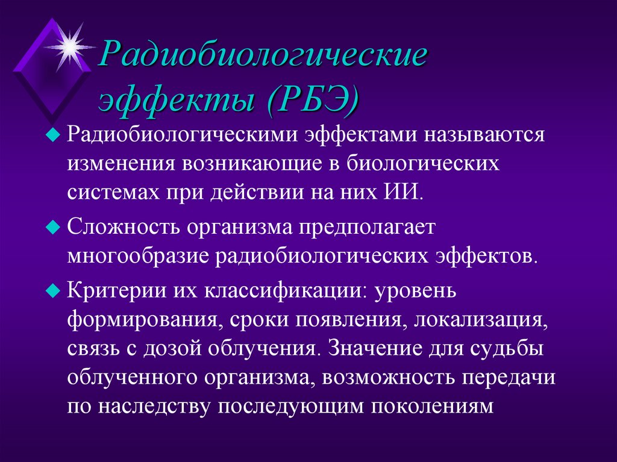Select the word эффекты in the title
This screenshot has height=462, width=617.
pyautogui.click(x=178, y=96)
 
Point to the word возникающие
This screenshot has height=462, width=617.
pyautogui.click(x=260, y=163)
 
